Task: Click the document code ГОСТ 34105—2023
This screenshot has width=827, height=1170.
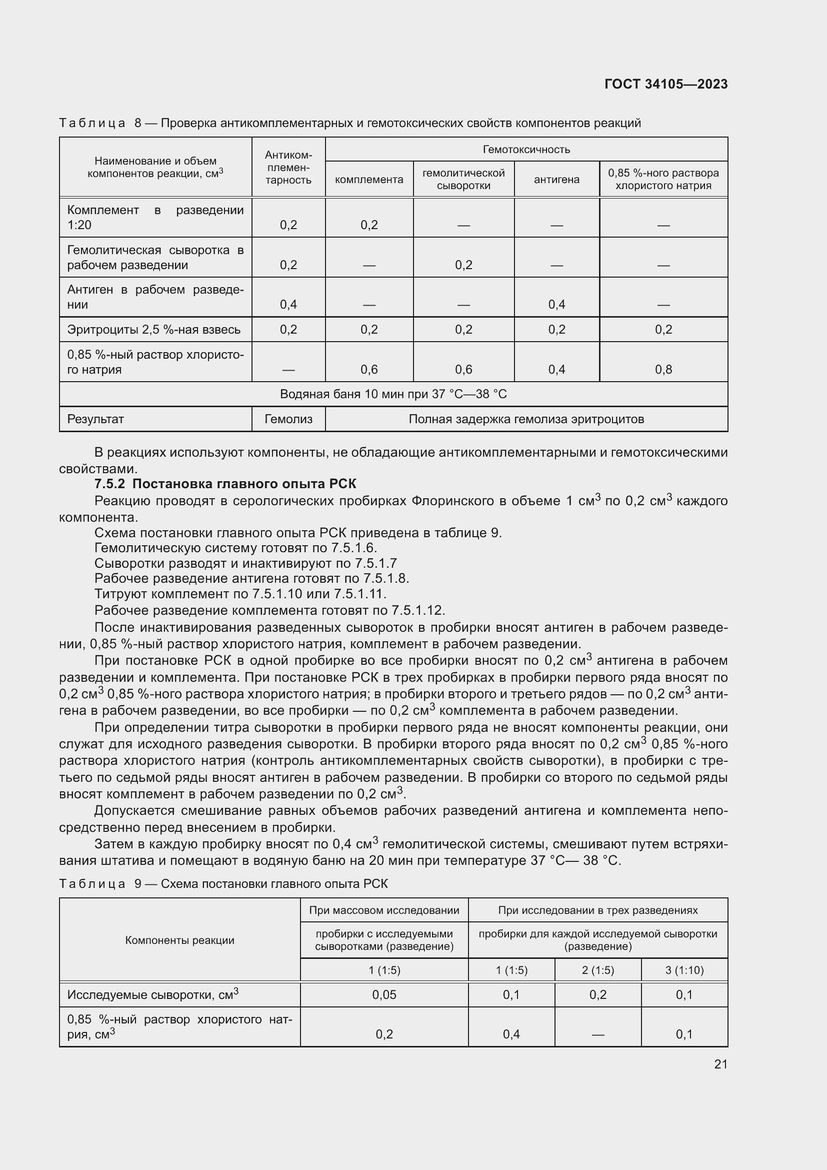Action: coord(665,84)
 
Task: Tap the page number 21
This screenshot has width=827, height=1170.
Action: coord(720,1063)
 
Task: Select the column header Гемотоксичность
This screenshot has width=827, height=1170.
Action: coord(526,149)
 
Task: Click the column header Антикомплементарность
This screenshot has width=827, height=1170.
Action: coord(288,167)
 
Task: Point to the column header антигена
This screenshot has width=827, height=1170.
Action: coord(556,180)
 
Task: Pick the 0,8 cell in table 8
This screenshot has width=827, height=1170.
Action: coord(663,370)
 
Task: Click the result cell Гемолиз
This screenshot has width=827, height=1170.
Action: coord(288,419)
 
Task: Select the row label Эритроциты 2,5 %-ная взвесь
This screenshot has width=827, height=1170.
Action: coord(154,329)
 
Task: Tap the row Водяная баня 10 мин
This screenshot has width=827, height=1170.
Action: coord(393,394)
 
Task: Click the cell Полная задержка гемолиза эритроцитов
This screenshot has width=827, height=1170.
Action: coord(526,419)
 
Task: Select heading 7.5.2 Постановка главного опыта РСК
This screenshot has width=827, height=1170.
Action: coord(225,484)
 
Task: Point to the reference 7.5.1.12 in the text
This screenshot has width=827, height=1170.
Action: coord(417,610)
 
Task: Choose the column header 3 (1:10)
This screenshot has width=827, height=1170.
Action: coord(684,970)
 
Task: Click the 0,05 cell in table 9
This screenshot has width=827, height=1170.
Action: coord(384,994)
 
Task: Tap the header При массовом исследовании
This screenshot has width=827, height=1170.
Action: coord(384,909)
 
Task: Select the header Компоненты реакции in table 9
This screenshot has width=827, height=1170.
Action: coord(180,940)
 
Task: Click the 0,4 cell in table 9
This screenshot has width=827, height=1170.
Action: coord(511,1034)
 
